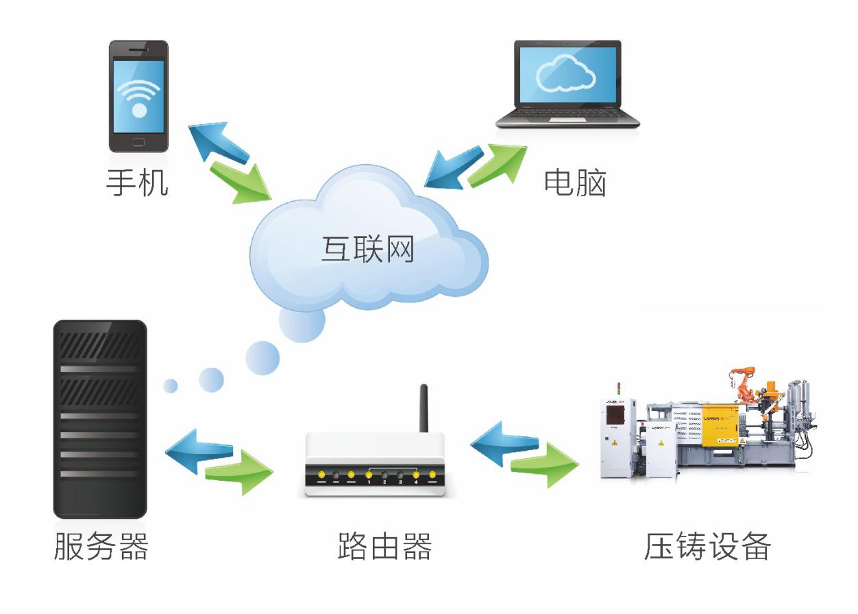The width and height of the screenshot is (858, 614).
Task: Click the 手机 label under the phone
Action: click(137, 182)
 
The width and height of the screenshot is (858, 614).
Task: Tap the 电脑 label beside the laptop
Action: click(574, 182)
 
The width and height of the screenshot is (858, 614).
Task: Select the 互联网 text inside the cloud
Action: click(368, 248)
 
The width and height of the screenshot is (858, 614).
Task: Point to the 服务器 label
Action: click(101, 547)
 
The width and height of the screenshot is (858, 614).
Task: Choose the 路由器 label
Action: click(385, 547)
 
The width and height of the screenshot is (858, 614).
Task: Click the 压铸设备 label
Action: click(707, 547)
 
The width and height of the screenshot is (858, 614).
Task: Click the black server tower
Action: click(100, 418)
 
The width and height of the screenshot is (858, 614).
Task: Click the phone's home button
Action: click(138, 142)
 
